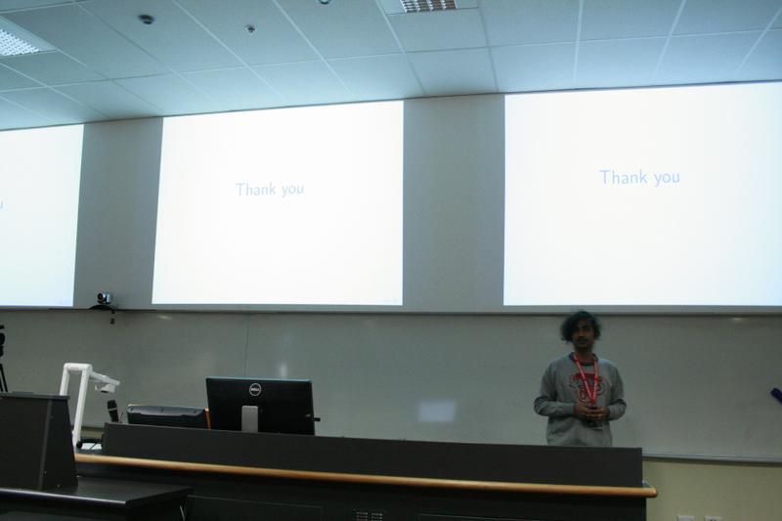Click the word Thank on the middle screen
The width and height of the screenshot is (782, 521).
256,189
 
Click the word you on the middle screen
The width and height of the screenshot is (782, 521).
292,191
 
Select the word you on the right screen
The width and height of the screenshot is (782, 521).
667,179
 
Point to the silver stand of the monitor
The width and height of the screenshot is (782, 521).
249,418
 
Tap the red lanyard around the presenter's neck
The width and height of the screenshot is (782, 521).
586,376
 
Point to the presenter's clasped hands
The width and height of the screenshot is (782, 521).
589,412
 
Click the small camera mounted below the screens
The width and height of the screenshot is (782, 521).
104,299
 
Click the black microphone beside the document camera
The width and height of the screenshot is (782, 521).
113,411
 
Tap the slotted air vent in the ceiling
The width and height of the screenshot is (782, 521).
428,5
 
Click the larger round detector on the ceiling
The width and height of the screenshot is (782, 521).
146,20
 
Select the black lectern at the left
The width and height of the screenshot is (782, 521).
37,441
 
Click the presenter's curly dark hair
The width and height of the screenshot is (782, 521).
581,326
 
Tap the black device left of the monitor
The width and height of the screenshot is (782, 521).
166,415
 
